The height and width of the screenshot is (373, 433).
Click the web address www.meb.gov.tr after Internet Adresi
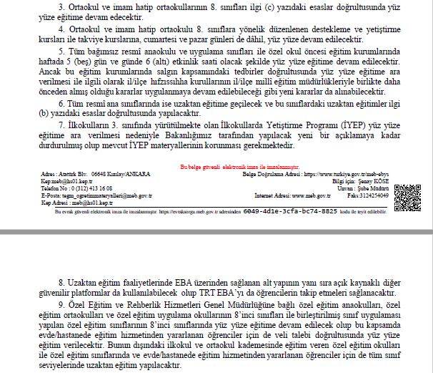click(x=307, y=194)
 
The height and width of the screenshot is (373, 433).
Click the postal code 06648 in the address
click(x=92, y=173)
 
